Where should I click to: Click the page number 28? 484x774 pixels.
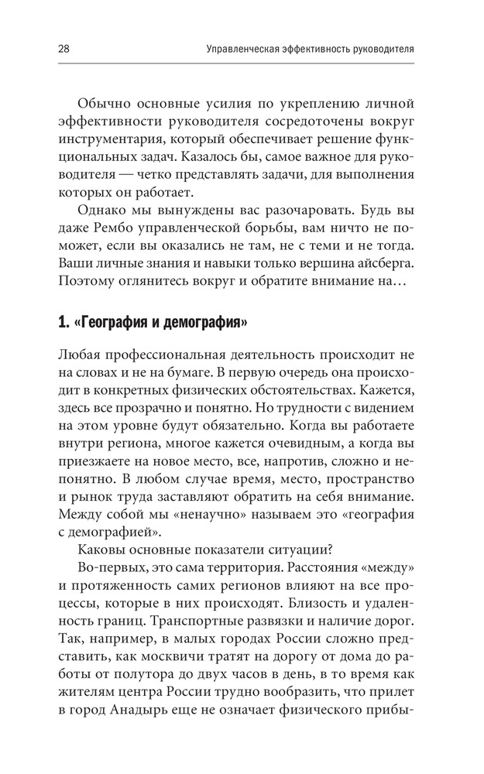(x=64, y=49)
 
